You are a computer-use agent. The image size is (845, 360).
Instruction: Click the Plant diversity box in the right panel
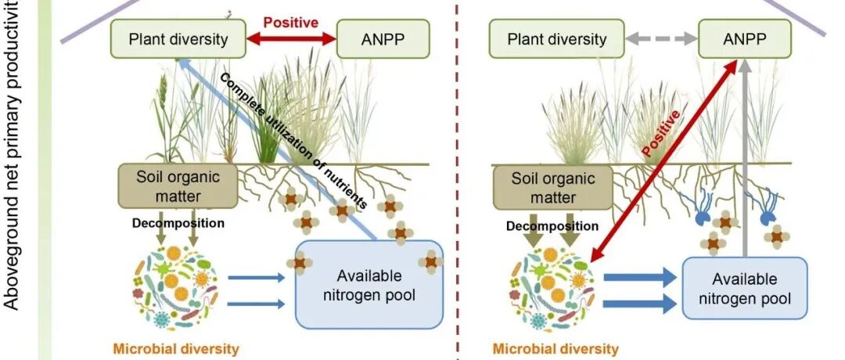[547, 38]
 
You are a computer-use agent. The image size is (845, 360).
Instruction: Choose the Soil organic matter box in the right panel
[545, 186]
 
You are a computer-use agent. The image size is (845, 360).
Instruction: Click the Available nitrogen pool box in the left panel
[369, 284]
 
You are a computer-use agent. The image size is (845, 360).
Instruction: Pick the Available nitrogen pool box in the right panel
[744, 288]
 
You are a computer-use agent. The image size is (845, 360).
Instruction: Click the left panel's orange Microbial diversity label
[176, 348]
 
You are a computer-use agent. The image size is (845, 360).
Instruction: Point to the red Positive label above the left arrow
[290, 22]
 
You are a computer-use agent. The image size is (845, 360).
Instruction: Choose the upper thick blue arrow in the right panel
[638, 276]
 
